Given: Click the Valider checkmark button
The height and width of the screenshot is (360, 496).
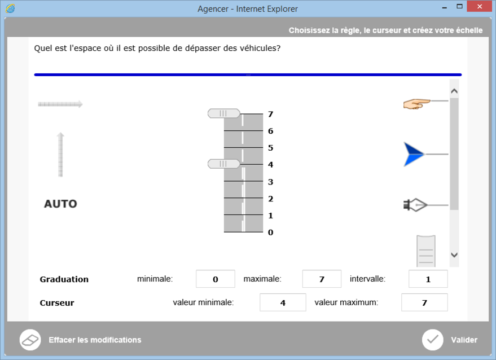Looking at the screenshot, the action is pyautogui.click(x=432, y=340).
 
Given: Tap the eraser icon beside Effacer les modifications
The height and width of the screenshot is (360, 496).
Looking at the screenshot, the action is pyautogui.click(x=30, y=340).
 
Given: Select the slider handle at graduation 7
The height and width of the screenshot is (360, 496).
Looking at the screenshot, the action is pyautogui.click(x=223, y=113).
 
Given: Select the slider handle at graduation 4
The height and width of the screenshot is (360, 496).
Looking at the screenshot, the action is pyautogui.click(x=223, y=164).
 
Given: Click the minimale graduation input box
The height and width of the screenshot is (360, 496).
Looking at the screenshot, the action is pyautogui.click(x=216, y=279).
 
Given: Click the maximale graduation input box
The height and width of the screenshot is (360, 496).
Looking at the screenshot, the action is pyautogui.click(x=322, y=279).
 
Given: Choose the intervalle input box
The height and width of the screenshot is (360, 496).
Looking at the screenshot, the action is pyautogui.click(x=428, y=279).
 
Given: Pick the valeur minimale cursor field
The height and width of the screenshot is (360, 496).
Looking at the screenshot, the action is pyautogui.click(x=283, y=302).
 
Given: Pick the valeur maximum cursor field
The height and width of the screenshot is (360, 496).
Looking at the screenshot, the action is pyautogui.click(x=424, y=302).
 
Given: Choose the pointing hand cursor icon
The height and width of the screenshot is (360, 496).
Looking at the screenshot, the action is pyautogui.click(x=417, y=104).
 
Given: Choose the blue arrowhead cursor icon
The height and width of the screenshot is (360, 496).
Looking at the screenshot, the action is pyautogui.click(x=414, y=155).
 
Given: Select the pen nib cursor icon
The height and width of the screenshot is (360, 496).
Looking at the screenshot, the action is pyautogui.click(x=415, y=205).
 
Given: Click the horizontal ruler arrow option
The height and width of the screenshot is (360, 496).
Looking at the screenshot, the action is pyautogui.click(x=60, y=104).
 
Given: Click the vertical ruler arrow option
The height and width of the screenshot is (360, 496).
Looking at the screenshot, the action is pyautogui.click(x=60, y=155).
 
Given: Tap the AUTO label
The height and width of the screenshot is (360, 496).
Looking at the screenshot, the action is pyautogui.click(x=60, y=204).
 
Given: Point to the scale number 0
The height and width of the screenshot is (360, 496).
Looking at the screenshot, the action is pyautogui.click(x=270, y=232).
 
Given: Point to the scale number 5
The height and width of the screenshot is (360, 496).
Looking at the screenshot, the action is pyautogui.click(x=270, y=148).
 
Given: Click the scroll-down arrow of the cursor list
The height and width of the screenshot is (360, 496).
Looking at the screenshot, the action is pyautogui.click(x=454, y=254).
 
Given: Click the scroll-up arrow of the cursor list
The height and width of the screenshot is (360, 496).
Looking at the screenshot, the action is pyautogui.click(x=454, y=91).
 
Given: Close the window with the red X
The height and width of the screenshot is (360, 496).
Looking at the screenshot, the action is pyautogui.click(x=480, y=6).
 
